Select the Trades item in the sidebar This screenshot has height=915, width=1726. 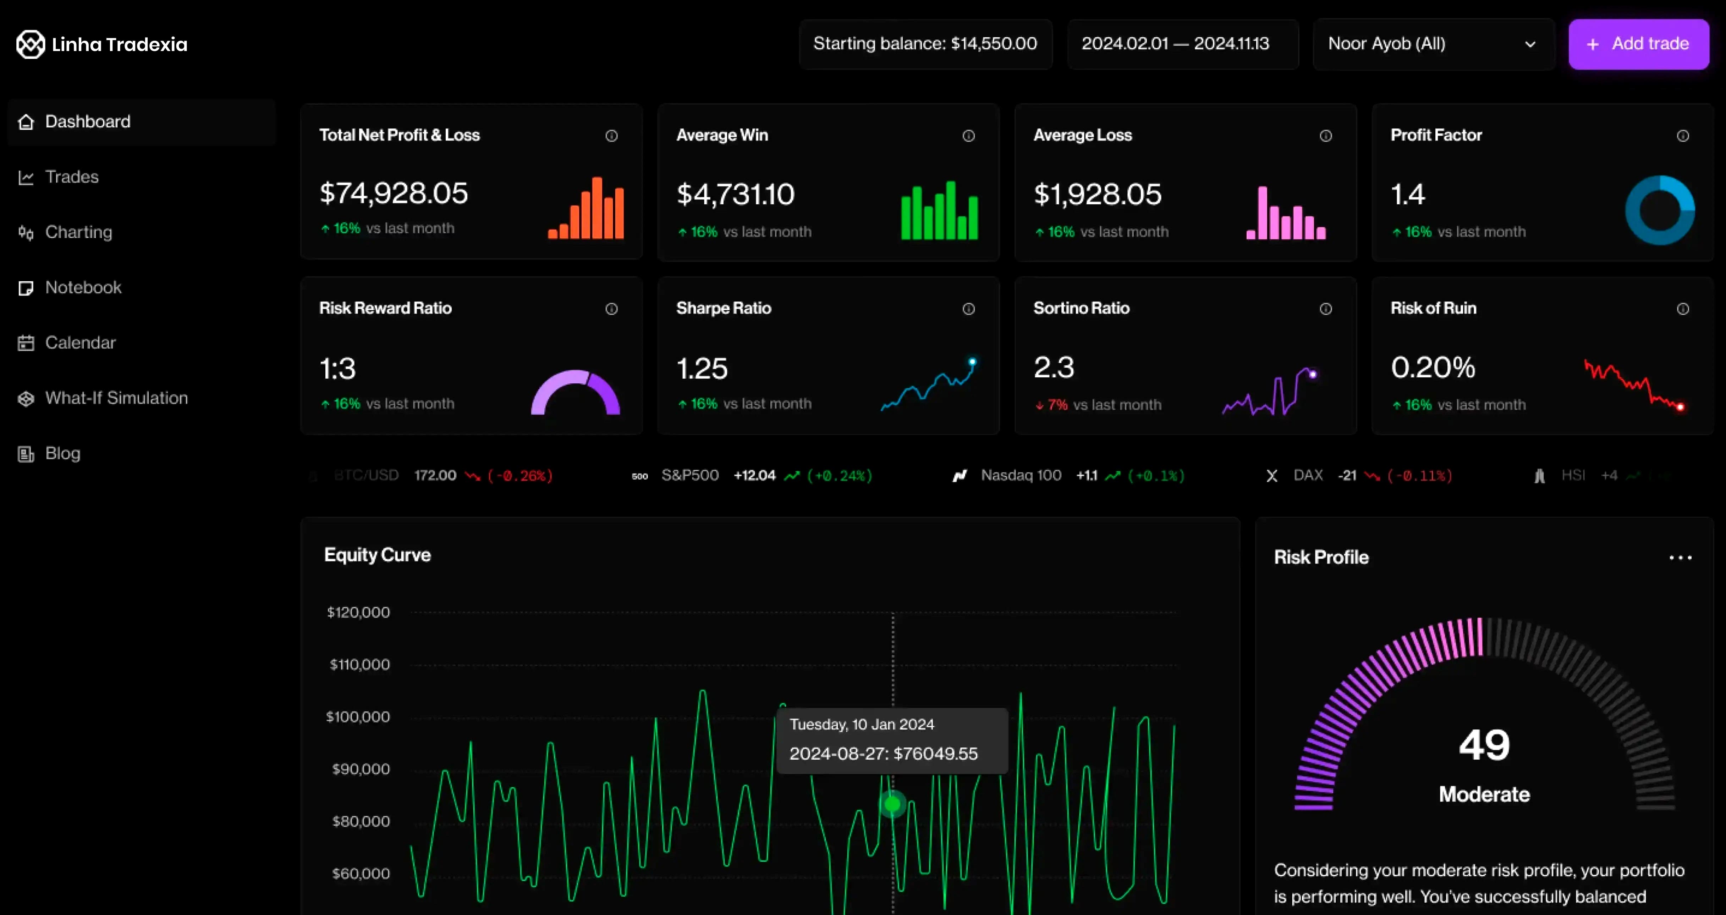point(72,177)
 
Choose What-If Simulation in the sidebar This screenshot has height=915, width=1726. point(116,398)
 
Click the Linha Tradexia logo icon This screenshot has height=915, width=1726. point(30,44)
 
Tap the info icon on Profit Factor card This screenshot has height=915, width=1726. point(1682,136)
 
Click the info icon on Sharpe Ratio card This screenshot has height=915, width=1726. point(968,309)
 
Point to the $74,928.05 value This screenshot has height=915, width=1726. point(394,194)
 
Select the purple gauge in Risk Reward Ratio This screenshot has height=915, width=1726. point(576,393)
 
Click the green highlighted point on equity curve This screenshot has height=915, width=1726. point(892,804)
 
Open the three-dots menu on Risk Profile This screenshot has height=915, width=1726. point(1680,557)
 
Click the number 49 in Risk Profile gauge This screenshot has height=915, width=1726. point(1484,745)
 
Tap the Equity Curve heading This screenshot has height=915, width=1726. point(377,555)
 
